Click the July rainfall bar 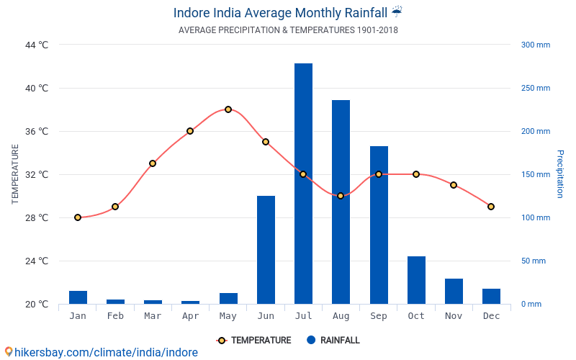point(303,184)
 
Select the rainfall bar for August point(341,202)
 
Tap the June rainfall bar point(266,250)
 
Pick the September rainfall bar point(379,225)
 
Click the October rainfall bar point(416,280)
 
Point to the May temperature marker point(228,109)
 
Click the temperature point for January point(78,217)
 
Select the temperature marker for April point(190,131)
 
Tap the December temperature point point(491,207)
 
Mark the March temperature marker point(153,163)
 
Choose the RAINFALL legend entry point(333,341)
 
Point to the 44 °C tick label point(37,45)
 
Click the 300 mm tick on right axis point(535,45)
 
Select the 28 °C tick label point(37,217)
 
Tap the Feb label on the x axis point(115,316)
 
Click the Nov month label point(454,316)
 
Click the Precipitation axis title point(559,174)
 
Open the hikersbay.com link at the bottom point(101,352)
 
